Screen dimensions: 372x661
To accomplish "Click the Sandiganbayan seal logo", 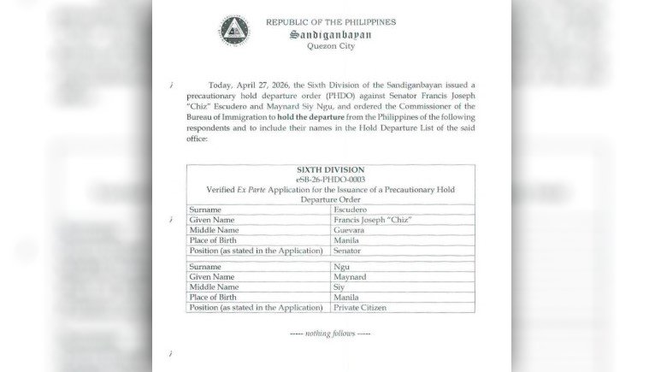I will tap(233, 31).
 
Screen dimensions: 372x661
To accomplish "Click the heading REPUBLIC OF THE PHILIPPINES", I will tap(331, 22).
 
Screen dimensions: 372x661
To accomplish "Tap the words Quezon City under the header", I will tap(330, 46).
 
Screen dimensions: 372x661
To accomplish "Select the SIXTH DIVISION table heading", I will tap(330, 170).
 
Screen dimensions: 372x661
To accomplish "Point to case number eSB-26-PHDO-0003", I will tap(330, 180).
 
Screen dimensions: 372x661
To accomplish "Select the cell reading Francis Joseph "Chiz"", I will tap(372, 219).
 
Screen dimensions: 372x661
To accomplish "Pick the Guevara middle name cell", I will tap(351, 230).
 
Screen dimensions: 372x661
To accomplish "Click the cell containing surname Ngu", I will tap(342, 267).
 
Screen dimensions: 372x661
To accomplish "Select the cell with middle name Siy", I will tap(340, 287).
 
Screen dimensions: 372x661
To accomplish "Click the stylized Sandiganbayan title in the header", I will tap(331, 35).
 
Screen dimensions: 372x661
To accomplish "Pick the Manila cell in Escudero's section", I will tap(347, 240).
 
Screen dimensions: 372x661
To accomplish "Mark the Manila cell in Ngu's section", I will tap(347, 298).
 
